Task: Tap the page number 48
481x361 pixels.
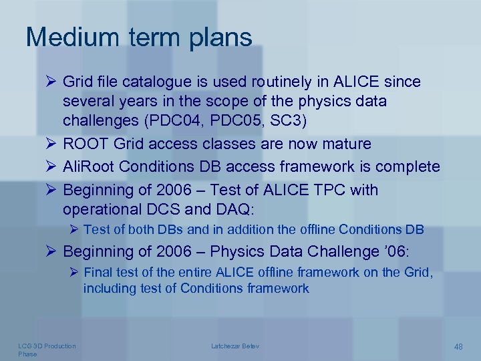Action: click(x=458, y=346)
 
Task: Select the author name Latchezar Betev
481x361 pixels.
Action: click(x=235, y=346)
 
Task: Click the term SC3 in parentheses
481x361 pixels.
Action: click(x=287, y=122)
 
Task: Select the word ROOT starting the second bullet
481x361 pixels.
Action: click(x=86, y=144)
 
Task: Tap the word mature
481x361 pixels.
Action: click(x=345, y=144)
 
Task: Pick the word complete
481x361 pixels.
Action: click(x=408, y=166)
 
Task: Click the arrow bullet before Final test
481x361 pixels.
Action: click(x=74, y=272)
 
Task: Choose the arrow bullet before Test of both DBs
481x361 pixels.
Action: click(x=74, y=229)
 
